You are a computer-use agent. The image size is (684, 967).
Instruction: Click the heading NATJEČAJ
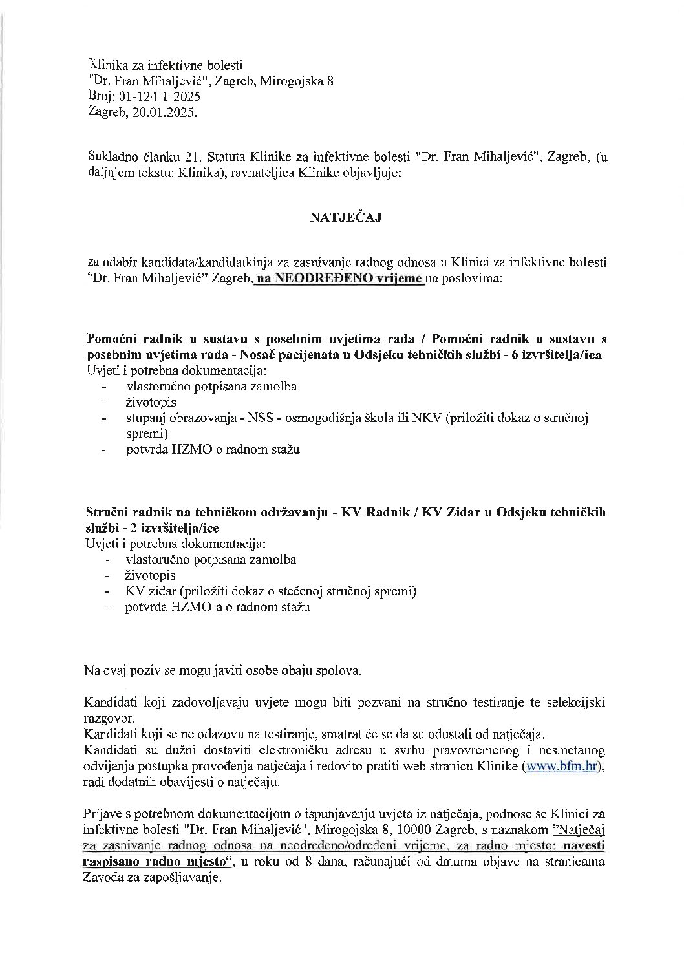coord(345,217)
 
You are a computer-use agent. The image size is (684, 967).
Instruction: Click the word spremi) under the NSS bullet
coord(147,433)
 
